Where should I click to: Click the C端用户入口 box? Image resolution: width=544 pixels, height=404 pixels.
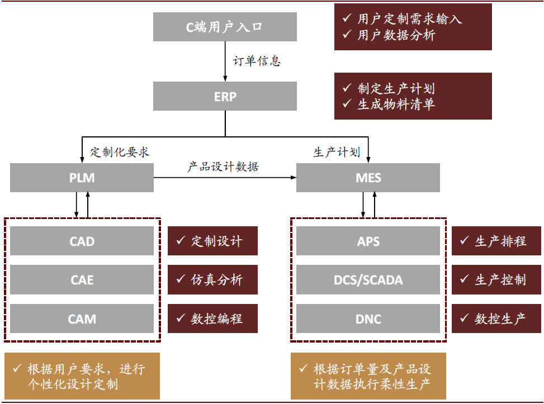pyautogui.click(x=225, y=26)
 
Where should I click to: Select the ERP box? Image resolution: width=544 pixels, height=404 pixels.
pyautogui.click(x=225, y=96)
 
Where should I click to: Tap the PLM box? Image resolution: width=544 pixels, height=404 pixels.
pyautogui.click(x=82, y=178)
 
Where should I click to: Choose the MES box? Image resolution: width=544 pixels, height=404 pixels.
pyautogui.click(x=368, y=178)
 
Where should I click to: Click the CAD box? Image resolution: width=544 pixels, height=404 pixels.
pyautogui.click(x=82, y=241)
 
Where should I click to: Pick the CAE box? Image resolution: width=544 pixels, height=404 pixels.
pyautogui.click(x=82, y=279)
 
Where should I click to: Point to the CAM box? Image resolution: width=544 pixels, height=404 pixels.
pyautogui.click(x=82, y=319)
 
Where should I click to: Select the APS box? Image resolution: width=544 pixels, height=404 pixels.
pyautogui.click(x=368, y=241)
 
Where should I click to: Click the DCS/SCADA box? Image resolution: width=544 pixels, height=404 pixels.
pyautogui.click(x=368, y=279)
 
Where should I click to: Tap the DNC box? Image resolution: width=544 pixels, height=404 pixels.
pyautogui.click(x=368, y=319)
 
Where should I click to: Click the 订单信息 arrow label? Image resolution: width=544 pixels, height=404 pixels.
pyautogui.click(x=257, y=61)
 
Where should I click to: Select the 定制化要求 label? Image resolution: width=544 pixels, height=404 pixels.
pyautogui.click(x=120, y=152)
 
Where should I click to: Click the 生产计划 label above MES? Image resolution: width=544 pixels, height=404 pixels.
pyautogui.click(x=337, y=152)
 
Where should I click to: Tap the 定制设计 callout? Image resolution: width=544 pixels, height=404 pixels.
pyautogui.click(x=212, y=241)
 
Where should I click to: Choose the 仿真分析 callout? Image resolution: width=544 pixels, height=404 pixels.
pyautogui.click(x=212, y=279)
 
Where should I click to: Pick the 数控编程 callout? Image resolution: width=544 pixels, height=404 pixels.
pyautogui.click(x=212, y=319)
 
